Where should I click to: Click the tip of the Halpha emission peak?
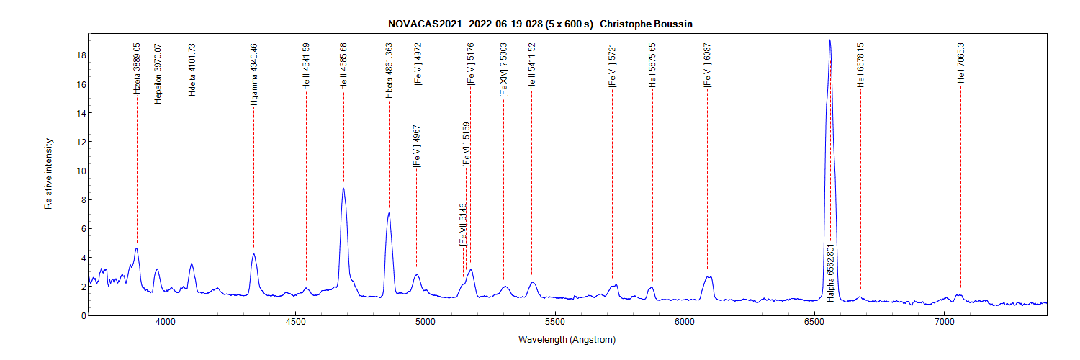click(x=830, y=40)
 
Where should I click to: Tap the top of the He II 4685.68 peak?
click(x=343, y=188)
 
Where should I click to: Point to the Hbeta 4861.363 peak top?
click(x=389, y=213)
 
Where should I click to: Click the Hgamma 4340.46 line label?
click(x=253, y=74)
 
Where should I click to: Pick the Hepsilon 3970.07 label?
click(x=158, y=74)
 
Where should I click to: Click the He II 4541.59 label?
click(x=306, y=66)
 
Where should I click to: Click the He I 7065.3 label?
click(x=960, y=63)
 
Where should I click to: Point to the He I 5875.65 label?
click(x=652, y=66)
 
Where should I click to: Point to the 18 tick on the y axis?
click(x=82, y=55)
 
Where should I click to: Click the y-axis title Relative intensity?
click(x=49, y=173)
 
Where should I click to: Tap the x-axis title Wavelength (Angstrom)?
click(x=567, y=339)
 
